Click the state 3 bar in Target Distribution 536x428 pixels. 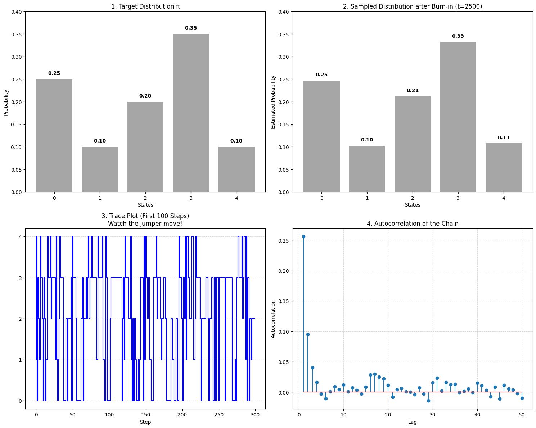point(191,113)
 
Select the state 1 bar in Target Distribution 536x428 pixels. point(100,169)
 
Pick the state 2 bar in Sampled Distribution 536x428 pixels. point(413,144)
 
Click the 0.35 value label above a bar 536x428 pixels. point(191,28)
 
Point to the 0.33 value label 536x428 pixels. point(458,36)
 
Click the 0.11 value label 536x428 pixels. point(504,138)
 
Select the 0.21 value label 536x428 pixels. point(413,91)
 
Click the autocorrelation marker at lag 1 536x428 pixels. point(303,236)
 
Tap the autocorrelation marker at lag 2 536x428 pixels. point(308,334)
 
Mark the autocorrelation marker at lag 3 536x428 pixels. point(312,368)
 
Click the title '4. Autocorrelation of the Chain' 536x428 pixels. point(413,224)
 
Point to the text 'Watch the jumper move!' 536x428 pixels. point(145,224)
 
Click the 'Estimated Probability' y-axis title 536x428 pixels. point(273,102)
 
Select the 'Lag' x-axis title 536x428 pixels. point(413,422)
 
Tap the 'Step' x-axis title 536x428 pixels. point(145,422)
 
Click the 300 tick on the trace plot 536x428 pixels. point(255,415)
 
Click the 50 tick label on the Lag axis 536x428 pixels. point(522,415)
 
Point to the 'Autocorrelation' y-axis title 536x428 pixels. point(273,319)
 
